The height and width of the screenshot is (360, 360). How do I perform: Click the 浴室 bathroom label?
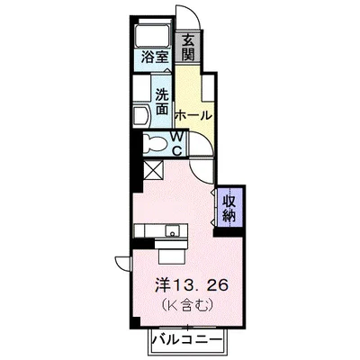[x=155, y=57]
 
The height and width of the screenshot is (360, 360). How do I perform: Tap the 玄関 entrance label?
[x=188, y=47]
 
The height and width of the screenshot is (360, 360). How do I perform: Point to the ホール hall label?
[x=193, y=115]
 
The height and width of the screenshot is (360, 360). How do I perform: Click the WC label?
[x=177, y=144]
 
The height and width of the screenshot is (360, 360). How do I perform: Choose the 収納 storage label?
[x=230, y=208]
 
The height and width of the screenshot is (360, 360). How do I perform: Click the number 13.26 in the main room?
[x=200, y=285]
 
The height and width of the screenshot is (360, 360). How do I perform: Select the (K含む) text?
[x=188, y=305]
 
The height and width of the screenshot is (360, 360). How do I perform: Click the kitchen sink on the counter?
[x=173, y=231]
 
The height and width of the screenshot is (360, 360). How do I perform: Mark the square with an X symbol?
[x=153, y=170]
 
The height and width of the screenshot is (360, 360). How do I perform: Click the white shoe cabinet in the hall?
[x=209, y=87]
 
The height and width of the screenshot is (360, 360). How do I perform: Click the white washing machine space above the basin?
[x=142, y=87]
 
